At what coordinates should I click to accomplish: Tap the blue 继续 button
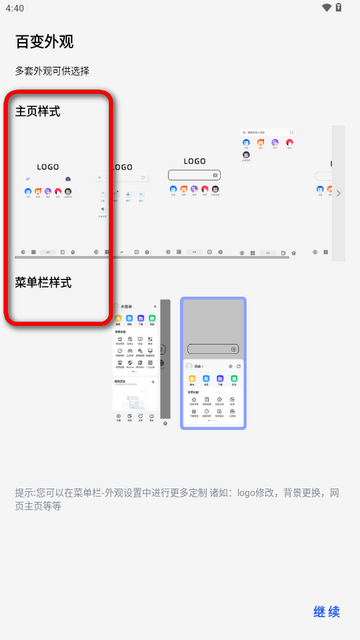coord(327,612)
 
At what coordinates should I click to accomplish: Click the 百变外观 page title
coord(44,42)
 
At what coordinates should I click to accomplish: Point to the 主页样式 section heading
coord(38,111)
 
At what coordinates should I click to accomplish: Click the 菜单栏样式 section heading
coord(43,283)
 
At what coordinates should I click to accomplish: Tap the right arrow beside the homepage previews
coord(339,193)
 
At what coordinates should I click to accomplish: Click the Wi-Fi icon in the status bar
coord(326,8)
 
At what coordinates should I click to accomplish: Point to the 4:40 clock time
coord(14,8)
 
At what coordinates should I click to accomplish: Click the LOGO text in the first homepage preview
coord(48,167)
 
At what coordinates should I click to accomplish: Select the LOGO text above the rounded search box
coord(194,160)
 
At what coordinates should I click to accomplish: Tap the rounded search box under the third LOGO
coord(194,175)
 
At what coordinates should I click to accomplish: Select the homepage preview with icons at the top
coord(269,190)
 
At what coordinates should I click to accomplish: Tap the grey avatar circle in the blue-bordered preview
coord(190,366)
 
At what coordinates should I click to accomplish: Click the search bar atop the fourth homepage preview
coord(268,132)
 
